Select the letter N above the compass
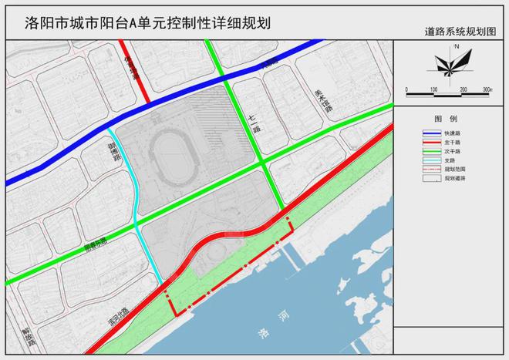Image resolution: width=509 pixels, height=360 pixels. (x=457, y=47)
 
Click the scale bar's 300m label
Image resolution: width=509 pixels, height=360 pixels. (x=487, y=90)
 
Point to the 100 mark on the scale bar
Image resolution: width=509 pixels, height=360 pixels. (x=434, y=90)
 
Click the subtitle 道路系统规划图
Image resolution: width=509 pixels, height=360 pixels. (x=462, y=34)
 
